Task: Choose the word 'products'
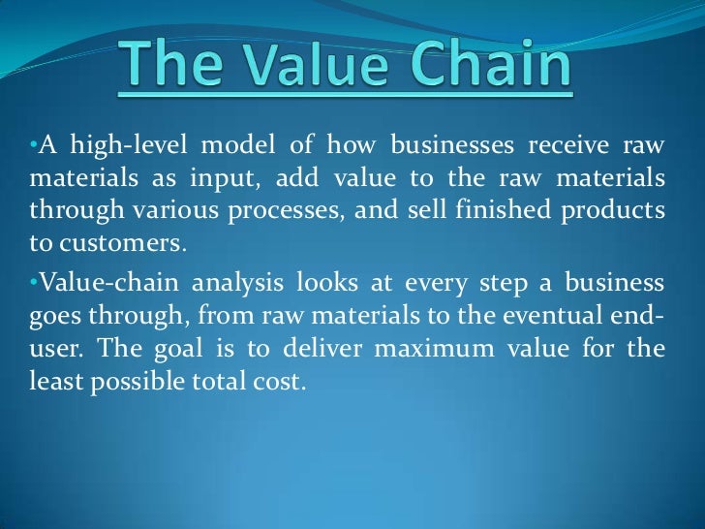tap(621, 211)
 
